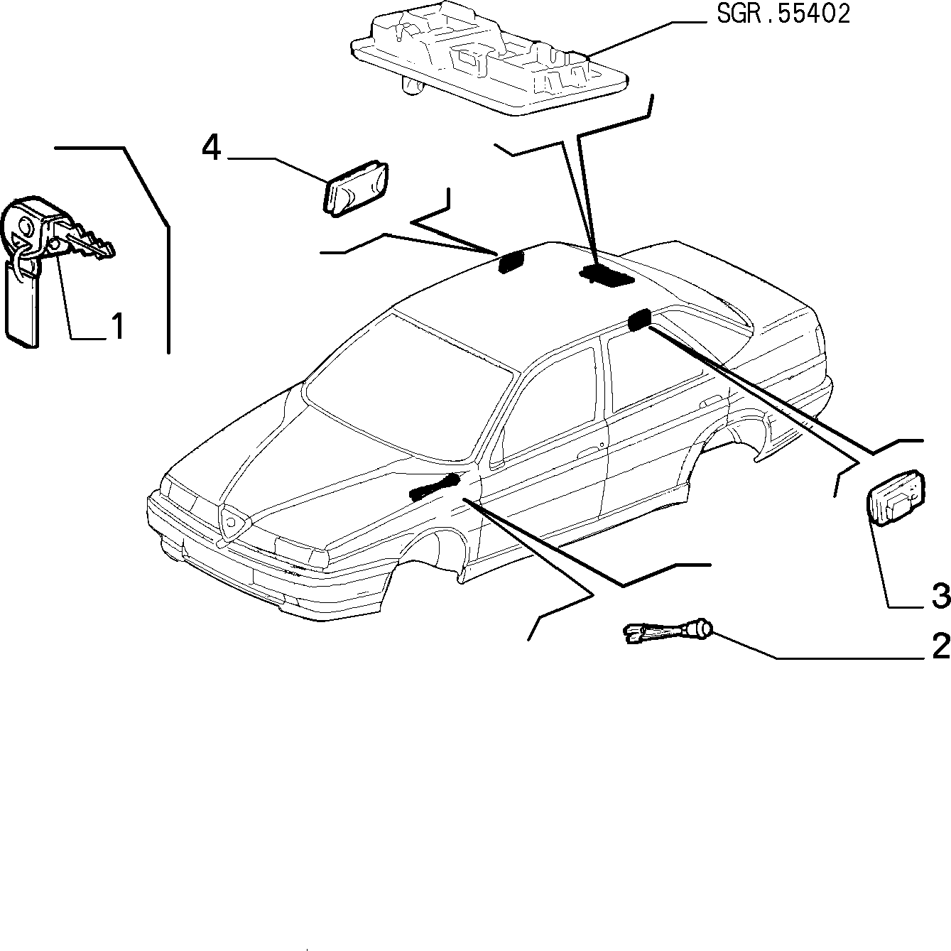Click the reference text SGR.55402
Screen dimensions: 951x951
[x=783, y=15]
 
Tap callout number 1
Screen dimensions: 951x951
[x=116, y=326]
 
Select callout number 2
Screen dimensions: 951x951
[x=941, y=646]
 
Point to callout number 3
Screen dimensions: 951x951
[x=941, y=596]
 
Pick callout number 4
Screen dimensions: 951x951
[x=211, y=148]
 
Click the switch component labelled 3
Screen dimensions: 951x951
[x=896, y=497]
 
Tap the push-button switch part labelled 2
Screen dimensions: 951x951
[x=669, y=632]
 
